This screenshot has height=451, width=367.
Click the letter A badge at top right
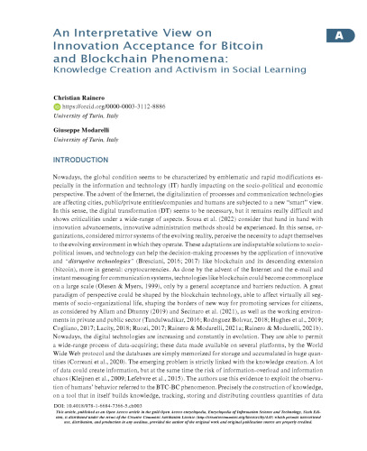[339, 36]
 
